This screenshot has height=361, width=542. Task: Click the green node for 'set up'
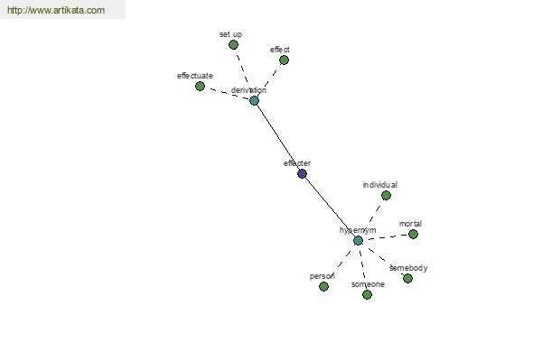point(233,44)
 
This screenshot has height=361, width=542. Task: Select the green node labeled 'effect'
point(284,60)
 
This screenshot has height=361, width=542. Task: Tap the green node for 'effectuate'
point(201,86)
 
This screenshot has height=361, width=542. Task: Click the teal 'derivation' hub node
point(254,100)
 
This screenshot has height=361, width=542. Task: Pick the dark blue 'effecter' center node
point(302,173)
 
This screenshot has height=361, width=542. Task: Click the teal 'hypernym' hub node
point(358,240)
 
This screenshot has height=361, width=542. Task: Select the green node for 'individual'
point(386,195)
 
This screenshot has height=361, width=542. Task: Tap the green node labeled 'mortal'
point(413,234)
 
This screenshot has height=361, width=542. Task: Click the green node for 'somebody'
point(407,278)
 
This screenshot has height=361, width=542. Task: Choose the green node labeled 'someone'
point(367,294)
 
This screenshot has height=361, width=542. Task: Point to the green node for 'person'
point(323,286)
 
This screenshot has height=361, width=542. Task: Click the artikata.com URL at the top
point(56,11)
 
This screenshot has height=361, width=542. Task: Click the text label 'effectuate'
point(195,76)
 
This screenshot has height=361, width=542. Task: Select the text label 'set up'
point(230,34)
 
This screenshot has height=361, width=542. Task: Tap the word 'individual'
point(379,185)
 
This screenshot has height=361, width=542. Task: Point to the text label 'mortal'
point(410,224)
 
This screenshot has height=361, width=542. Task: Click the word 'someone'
point(368,284)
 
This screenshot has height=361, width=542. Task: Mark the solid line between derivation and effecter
point(277,136)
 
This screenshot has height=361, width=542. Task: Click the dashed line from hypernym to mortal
point(387,236)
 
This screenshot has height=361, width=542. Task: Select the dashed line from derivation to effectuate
point(227,93)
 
